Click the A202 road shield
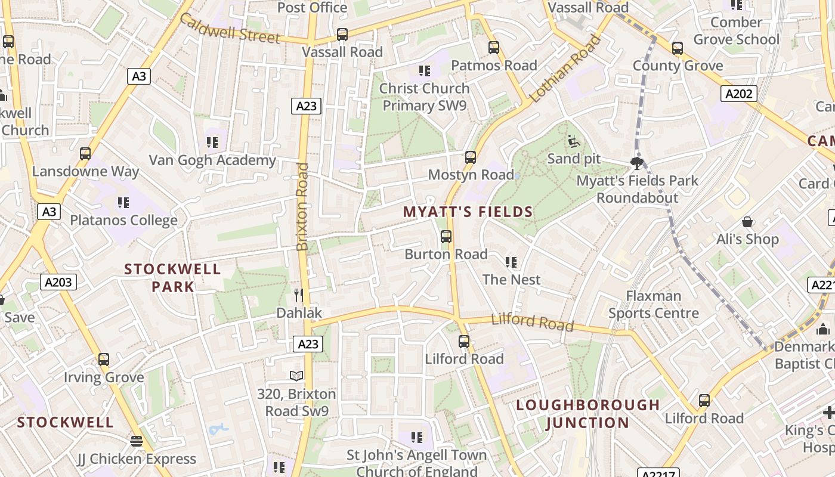(x=739, y=94)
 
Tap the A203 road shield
(x=58, y=282)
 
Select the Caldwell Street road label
(x=229, y=29)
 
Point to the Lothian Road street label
(x=564, y=69)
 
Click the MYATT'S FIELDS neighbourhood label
(x=468, y=212)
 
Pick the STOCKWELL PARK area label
(x=172, y=278)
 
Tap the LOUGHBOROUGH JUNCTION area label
(x=587, y=414)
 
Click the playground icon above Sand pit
(x=574, y=141)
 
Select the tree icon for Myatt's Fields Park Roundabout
(x=637, y=163)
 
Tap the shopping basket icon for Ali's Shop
(x=747, y=222)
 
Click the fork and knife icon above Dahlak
(x=299, y=295)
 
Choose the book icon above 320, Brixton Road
(x=296, y=376)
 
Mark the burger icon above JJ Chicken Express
(x=137, y=441)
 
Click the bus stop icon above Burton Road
(x=446, y=237)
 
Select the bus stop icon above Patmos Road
(x=494, y=48)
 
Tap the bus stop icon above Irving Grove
(x=104, y=360)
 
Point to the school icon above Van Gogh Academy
(x=212, y=143)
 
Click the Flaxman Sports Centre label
(x=654, y=304)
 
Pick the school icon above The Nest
(x=511, y=262)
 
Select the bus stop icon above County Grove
(x=678, y=48)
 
